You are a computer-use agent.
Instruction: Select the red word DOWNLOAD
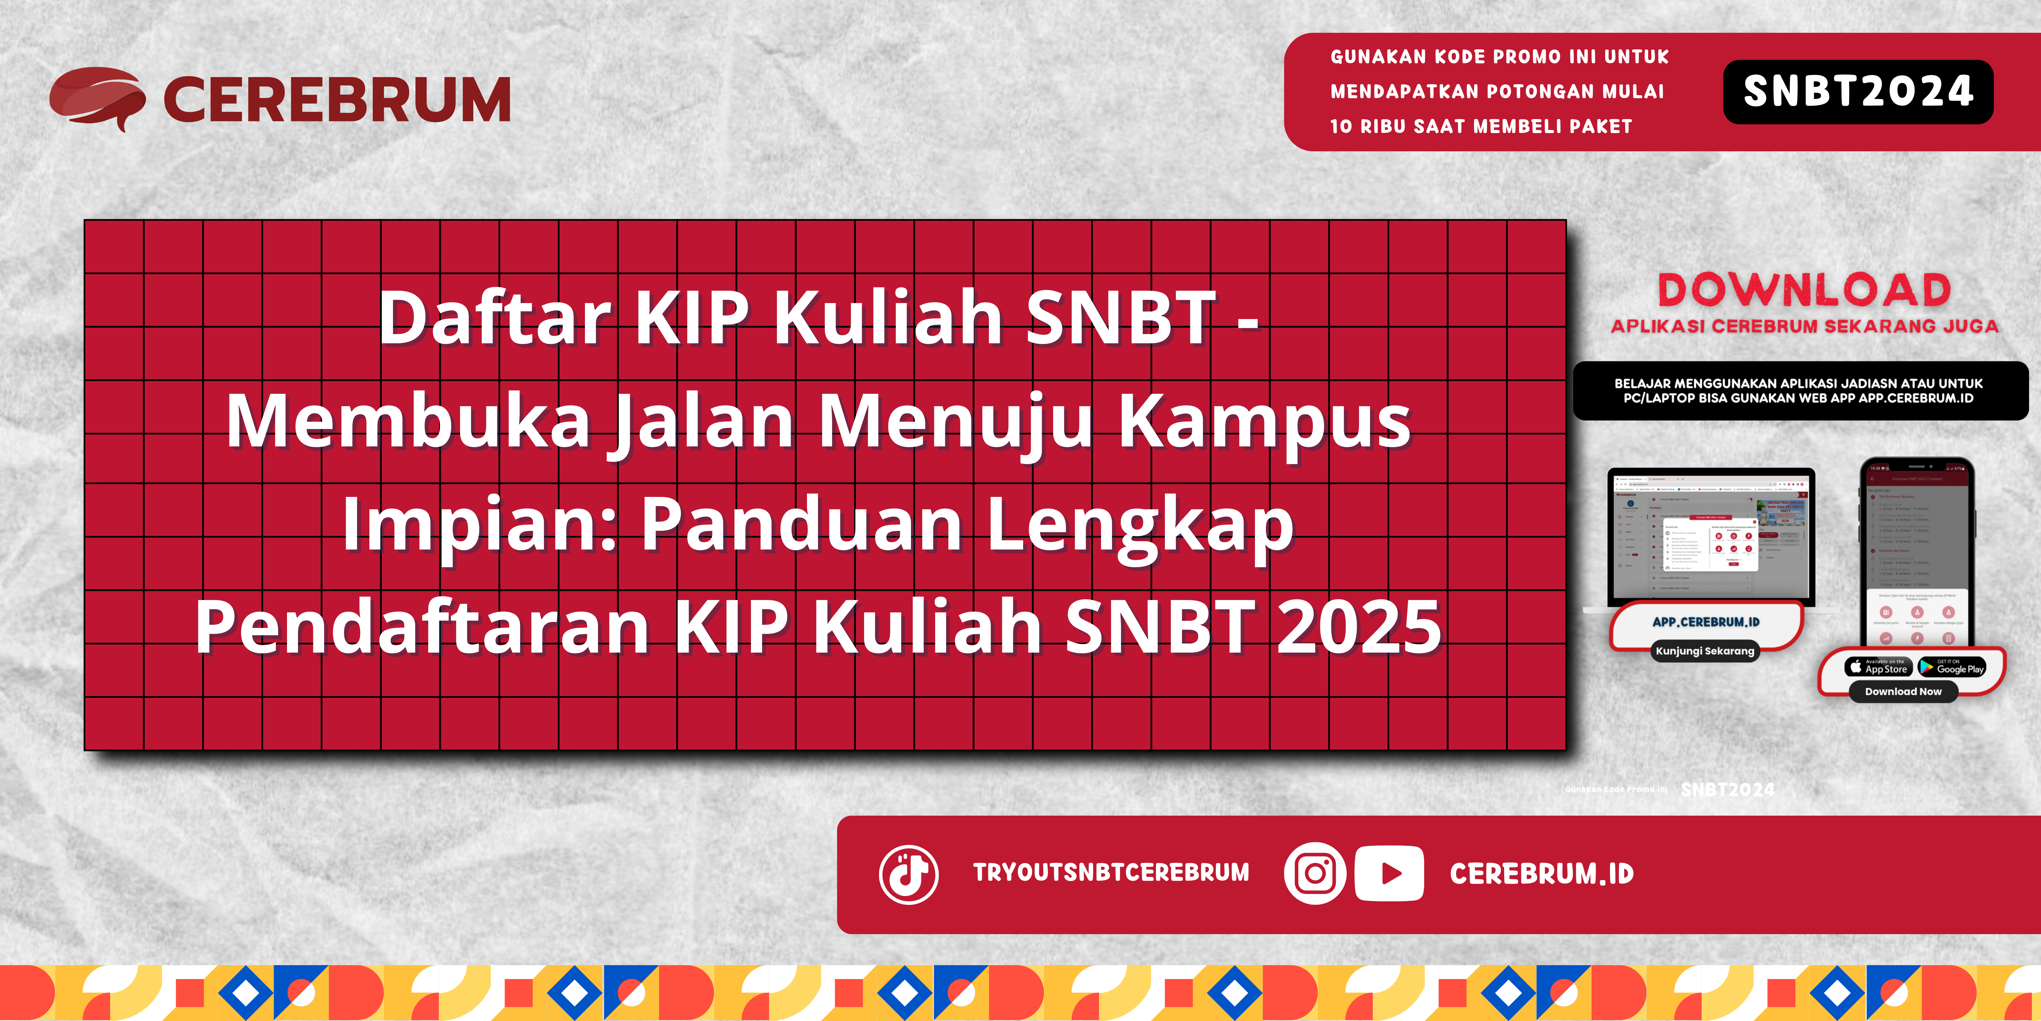point(1804,290)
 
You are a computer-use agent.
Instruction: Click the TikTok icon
point(909,874)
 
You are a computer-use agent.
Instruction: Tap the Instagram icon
point(1314,874)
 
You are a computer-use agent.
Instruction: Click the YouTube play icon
point(1389,874)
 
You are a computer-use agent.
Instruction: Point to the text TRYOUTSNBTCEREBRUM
point(1111,873)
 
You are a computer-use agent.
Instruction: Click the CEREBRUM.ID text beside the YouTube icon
point(1541,874)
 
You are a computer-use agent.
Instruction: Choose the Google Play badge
point(1952,667)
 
